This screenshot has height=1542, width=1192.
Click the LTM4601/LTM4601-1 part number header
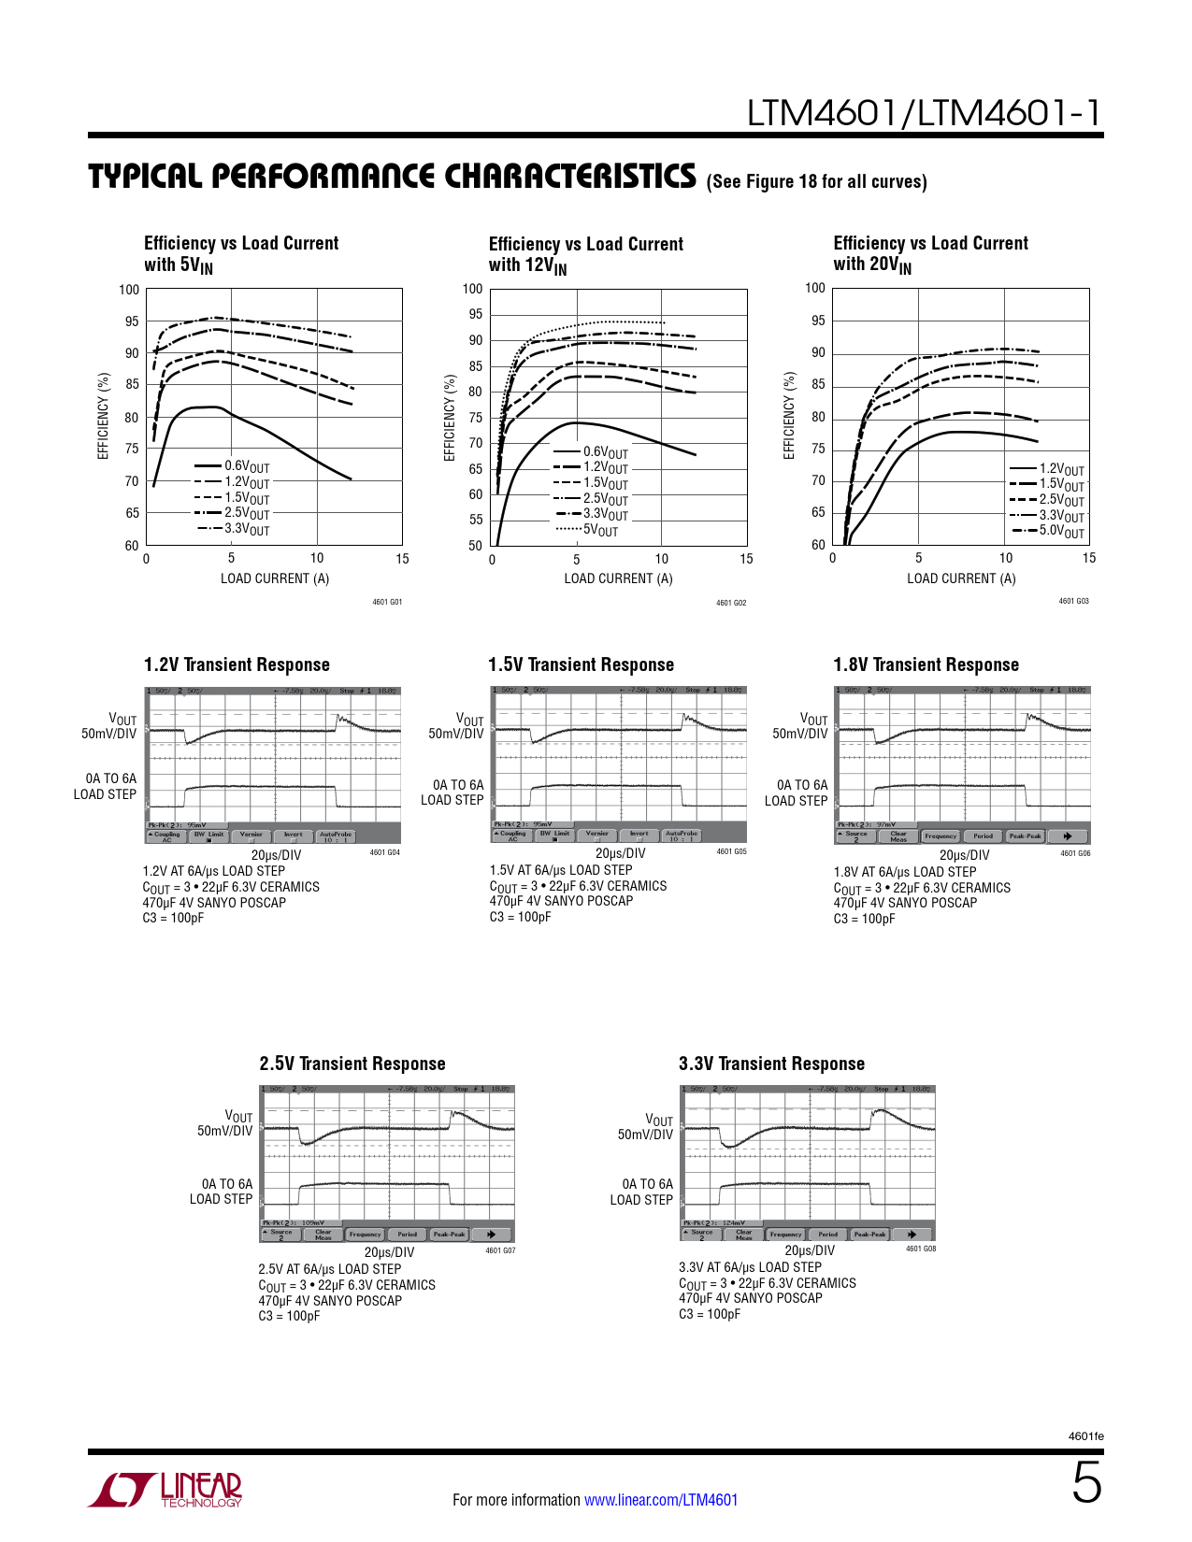pyautogui.click(x=924, y=113)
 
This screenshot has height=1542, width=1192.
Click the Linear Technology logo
pyautogui.click(x=165, y=1490)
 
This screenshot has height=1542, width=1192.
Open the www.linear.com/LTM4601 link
pyautogui.click(x=661, y=1500)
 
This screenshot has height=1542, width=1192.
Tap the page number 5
pyautogui.click(x=1086, y=1483)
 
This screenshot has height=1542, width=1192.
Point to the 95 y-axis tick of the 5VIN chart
pyautogui.click(x=132, y=321)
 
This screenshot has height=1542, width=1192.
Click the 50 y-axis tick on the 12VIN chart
pyautogui.click(x=476, y=546)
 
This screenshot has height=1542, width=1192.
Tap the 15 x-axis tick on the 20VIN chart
pyautogui.click(x=1089, y=558)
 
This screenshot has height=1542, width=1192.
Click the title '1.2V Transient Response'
pyautogui.click(x=237, y=664)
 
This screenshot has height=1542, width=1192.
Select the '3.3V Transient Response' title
pyautogui.click(x=771, y=1064)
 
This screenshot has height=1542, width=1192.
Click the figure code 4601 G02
pyautogui.click(x=731, y=603)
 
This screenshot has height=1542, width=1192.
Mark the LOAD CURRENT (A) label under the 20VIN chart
pyautogui.click(x=961, y=578)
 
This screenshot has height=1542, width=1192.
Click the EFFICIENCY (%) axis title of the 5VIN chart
pyautogui.click(x=104, y=416)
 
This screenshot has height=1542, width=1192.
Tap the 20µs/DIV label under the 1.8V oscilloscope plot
pyautogui.click(x=964, y=854)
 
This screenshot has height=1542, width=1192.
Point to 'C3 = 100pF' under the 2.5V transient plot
pyautogui.click(x=289, y=1316)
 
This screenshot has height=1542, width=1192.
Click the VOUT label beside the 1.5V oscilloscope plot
pyautogui.click(x=469, y=719)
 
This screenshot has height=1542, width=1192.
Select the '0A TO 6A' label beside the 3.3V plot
pyautogui.click(x=647, y=1184)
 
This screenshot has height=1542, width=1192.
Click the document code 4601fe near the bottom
pyautogui.click(x=1085, y=1436)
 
